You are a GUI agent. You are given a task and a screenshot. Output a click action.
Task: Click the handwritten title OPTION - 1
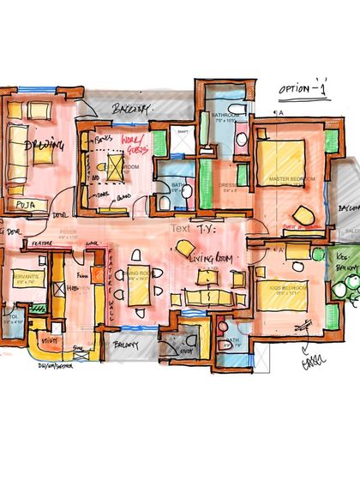click(x=305, y=88)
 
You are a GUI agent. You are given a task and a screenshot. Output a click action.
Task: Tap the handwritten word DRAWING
click(x=39, y=147)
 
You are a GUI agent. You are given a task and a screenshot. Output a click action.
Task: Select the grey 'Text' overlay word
click(x=180, y=229)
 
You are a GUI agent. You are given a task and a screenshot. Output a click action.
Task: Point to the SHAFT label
click(x=183, y=131)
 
